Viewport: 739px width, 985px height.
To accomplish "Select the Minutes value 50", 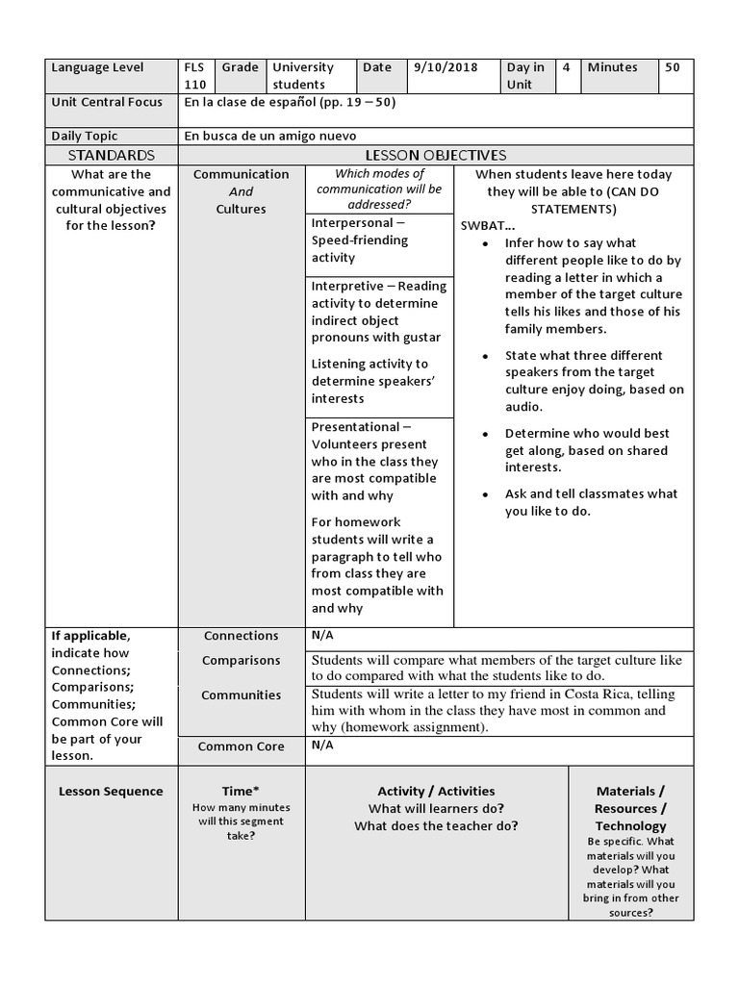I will [672, 67].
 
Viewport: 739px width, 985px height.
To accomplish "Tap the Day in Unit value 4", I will [567, 67].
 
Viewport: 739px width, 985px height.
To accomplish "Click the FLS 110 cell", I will [195, 76].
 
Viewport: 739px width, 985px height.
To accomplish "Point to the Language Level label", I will [97, 67].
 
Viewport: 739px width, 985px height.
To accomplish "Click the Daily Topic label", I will [85, 137].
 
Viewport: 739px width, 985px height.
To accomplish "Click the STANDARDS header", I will [112, 155].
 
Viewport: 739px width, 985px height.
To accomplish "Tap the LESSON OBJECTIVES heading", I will [436, 155].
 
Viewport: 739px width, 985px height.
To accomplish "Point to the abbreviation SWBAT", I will [483, 225].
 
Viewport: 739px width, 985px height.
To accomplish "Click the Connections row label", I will [242, 636].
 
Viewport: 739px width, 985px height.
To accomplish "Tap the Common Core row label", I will [242, 746].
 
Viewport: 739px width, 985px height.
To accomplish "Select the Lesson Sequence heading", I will [112, 792].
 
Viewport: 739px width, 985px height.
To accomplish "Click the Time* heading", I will [242, 792].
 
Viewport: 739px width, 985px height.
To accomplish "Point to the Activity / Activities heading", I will [436, 792].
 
